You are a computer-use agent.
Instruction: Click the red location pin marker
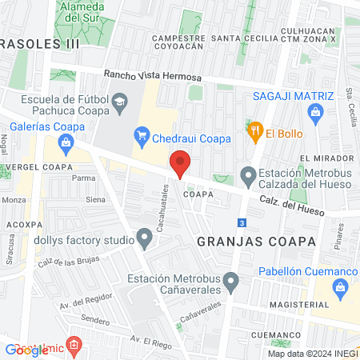pos(181,163)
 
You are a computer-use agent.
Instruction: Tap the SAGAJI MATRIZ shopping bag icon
pos(316,112)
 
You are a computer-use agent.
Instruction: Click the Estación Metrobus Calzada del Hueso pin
pos(248,174)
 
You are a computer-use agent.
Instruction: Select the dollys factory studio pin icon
pos(145,237)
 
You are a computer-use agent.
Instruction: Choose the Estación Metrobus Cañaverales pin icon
pos(231,281)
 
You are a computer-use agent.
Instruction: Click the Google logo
pos(27,350)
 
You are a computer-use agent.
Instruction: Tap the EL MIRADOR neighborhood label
pos(323,158)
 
